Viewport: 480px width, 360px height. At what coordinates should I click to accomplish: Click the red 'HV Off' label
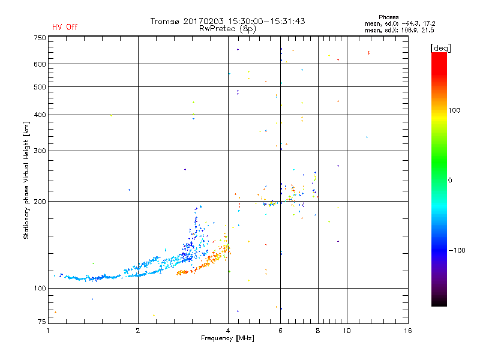point(65,27)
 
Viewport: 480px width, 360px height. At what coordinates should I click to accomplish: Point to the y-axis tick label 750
point(40,38)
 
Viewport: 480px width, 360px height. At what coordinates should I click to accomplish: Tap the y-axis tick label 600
point(40,64)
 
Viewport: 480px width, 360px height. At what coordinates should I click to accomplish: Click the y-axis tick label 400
point(40,115)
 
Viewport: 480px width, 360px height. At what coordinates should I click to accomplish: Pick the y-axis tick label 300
point(40,151)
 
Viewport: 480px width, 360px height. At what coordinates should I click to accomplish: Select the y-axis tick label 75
point(41,322)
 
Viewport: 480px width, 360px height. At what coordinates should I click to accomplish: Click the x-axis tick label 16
point(407,331)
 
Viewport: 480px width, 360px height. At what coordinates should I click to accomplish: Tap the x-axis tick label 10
point(346,331)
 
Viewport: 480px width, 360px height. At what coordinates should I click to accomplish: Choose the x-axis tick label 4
point(228,331)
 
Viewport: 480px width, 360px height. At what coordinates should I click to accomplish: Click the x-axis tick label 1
point(49,331)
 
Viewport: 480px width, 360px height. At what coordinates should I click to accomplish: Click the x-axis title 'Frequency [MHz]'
point(228,339)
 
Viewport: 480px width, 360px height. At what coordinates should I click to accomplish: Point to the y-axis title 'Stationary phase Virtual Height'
point(26,180)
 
